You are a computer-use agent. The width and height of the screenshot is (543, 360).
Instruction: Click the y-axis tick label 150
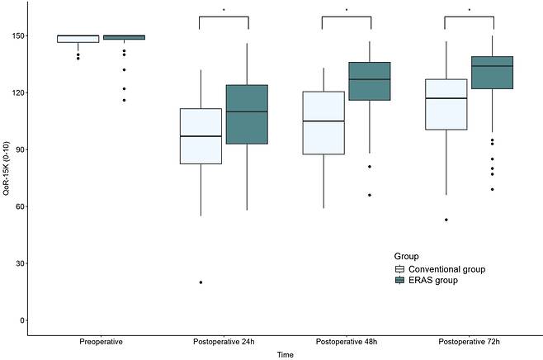(x=17, y=36)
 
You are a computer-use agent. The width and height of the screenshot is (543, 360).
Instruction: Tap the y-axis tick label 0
(x=21, y=320)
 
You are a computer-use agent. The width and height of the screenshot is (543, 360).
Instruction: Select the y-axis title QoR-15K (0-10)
(x=7, y=178)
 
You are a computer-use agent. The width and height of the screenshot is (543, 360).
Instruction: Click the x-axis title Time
(x=285, y=353)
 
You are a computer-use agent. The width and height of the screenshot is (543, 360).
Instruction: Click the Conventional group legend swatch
(x=399, y=269)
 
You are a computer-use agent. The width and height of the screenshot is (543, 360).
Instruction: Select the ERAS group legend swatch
(x=399, y=280)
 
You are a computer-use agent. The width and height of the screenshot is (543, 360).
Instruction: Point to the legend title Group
(x=405, y=257)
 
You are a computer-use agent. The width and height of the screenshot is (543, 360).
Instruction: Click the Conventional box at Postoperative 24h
(x=201, y=136)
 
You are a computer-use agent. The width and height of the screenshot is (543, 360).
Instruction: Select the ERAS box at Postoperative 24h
(x=248, y=115)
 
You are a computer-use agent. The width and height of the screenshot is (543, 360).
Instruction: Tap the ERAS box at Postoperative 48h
(x=370, y=81)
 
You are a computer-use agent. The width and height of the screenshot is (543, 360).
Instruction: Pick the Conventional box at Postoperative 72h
(x=446, y=104)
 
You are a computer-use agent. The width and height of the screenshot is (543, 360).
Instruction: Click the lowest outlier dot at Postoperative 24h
(x=201, y=282)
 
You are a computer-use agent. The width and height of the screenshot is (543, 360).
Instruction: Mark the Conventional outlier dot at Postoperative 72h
(x=446, y=220)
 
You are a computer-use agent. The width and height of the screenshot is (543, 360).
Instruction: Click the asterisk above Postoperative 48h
(x=346, y=11)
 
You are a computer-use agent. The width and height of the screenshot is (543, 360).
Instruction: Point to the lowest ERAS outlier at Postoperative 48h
(x=370, y=195)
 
